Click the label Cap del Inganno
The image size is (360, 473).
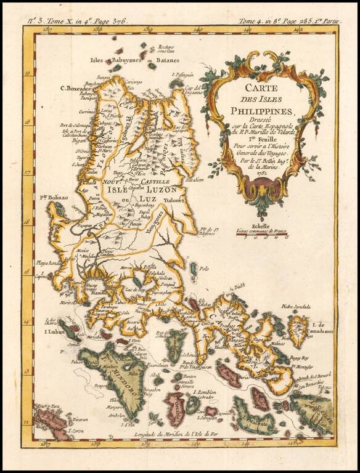click(194, 92)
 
